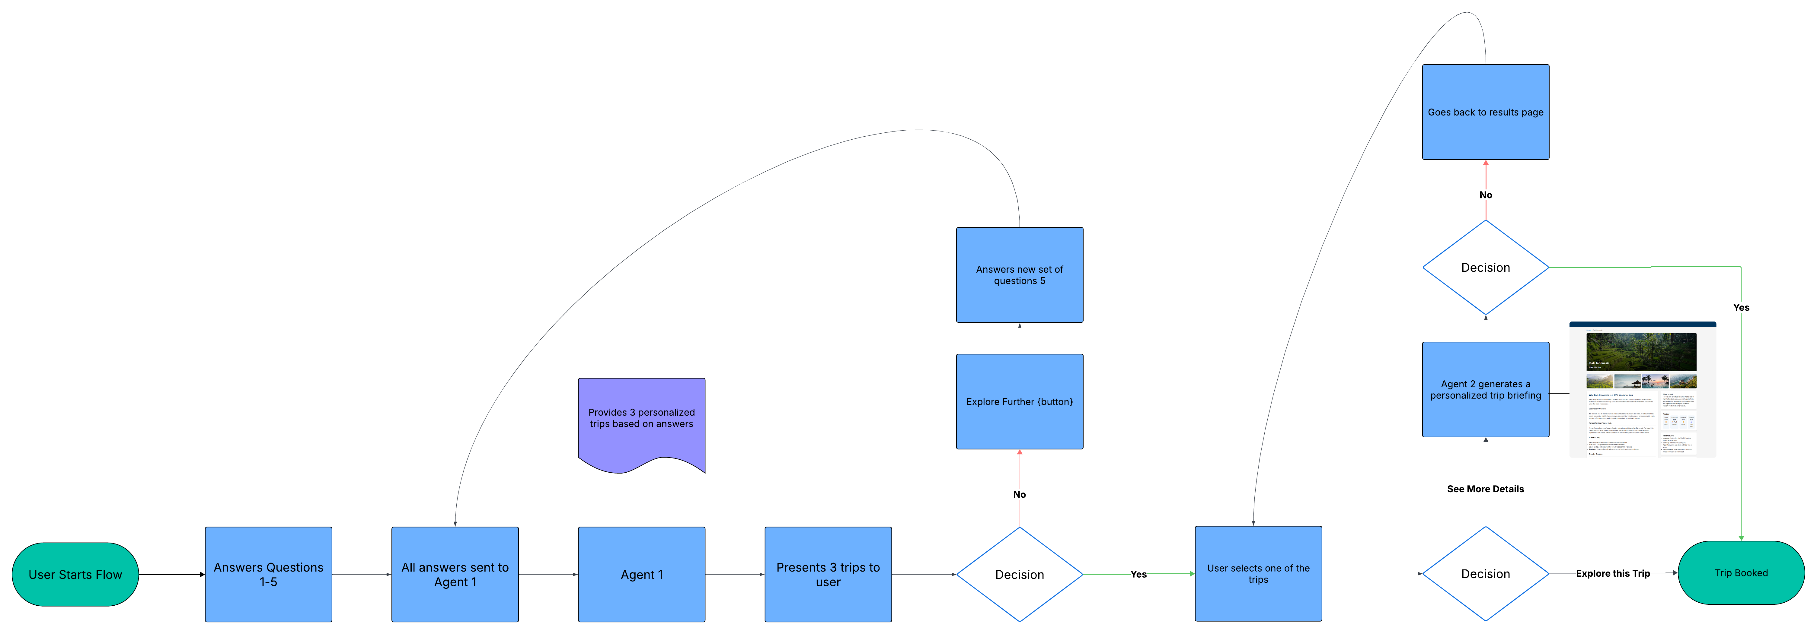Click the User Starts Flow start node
pyautogui.click(x=75, y=574)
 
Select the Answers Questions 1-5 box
pyautogui.click(x=268, y=574)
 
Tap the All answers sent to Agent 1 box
pyautogui.click(x=455, y=574)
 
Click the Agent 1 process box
pyautogui.click(x=641, y=574)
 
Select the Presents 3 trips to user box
pyautogui.click(x=828, y=574)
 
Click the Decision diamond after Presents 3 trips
pyautogui.click(x=1019, y=574)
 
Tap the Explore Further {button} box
pyautogui.click(x=1019, y=401)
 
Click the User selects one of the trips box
pyautogui.click(x=1258, y=573)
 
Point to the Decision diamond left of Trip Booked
pyautogui.click(x=1486, y=573)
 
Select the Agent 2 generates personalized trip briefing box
pyautogui.click(x=1486, y=389)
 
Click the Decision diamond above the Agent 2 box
pyautogui.click(x=1486, y=267)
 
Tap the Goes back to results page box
pyautogui.click(x=1486, y=112)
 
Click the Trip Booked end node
pyautogui.click(x=1741, y=573)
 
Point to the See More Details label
pyautogui.click(x=1486, y=489)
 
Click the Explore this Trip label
pyautogui.click(x=1612, y=573)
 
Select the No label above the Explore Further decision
pyautogui.click(x=1019, y=494)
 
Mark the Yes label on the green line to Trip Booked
pyautogui.click(x=1741, y=307)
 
